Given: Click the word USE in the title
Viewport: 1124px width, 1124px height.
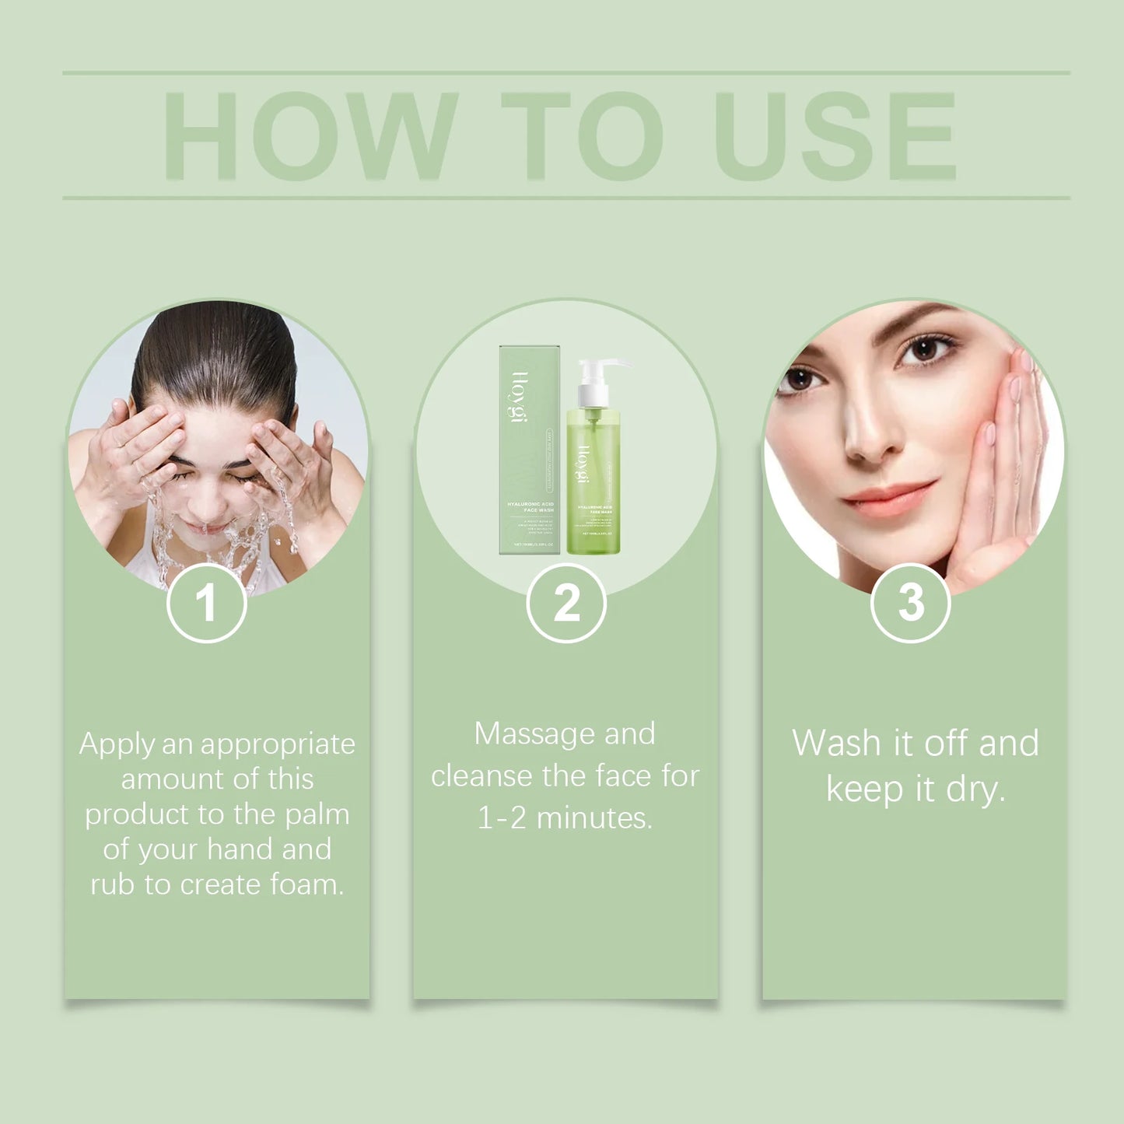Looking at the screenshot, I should click(835, 136).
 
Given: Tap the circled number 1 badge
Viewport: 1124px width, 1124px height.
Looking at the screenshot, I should click(206, 603).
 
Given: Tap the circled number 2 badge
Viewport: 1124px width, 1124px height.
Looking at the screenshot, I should click(566, 603).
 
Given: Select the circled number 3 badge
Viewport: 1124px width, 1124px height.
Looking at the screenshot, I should click(910, 603).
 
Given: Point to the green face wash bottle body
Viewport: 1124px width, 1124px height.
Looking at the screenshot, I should click(594, 490).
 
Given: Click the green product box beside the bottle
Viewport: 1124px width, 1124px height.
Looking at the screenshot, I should click(529, 451).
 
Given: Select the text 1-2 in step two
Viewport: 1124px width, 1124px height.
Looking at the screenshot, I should click(502, 818).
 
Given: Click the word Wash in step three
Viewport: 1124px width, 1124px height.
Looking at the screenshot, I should click(836, 744).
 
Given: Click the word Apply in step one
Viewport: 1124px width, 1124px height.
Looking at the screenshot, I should click(117, 745).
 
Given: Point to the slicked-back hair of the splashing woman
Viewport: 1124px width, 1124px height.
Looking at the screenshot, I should click(214, 350).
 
